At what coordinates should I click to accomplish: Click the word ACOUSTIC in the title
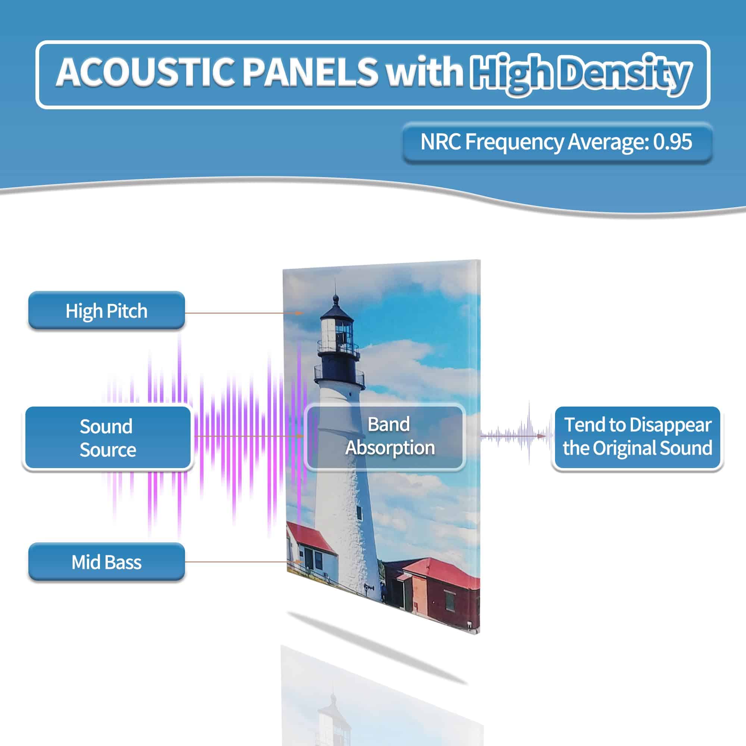click(x=145, y=72)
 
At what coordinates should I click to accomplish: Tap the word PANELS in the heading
click(x=310, y=72)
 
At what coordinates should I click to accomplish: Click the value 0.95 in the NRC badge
click(x=672, y=142)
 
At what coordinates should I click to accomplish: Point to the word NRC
click(x=440, y=142)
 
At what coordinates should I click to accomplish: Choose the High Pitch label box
click(x=107, y=310)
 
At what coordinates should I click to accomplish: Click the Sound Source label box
click(x=108, y=438)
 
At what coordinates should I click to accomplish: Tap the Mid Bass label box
click(x=107, y=562)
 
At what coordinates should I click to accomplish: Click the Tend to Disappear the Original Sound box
click(x=637, y=437)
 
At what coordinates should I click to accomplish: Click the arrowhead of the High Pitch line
click(x=299, y=313)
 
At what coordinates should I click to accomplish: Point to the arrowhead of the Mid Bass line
click(x=299, y=562)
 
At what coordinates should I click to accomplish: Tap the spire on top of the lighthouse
click(x=335, y=289)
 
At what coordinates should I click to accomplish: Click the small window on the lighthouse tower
click(x=359, y=513)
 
